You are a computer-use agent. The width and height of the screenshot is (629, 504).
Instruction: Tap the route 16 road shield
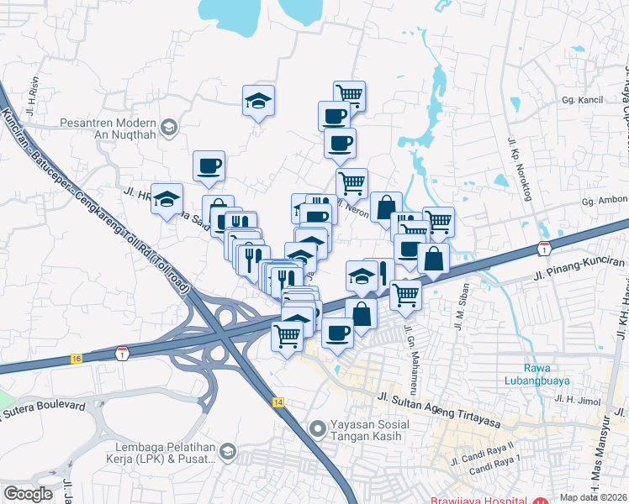tap(77, 358)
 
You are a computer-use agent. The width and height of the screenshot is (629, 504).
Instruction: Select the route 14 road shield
tap(277, 403)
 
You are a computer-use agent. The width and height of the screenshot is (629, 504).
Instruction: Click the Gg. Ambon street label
tap(605, 202)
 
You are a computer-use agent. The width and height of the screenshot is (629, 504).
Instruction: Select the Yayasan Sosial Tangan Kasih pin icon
tap(317, 428)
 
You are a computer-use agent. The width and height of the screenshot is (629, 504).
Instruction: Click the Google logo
tap(28, 494)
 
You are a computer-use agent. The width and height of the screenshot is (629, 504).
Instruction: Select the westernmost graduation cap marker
tap(167, 198)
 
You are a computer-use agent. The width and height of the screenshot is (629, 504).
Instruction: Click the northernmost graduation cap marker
tap(258, 101)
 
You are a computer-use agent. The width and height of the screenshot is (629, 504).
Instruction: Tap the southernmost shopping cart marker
tap(288, 335)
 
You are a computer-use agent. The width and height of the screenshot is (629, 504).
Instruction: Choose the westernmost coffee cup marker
tap(209, 165)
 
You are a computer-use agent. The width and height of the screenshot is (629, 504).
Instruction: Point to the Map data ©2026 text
tap(593, 497)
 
